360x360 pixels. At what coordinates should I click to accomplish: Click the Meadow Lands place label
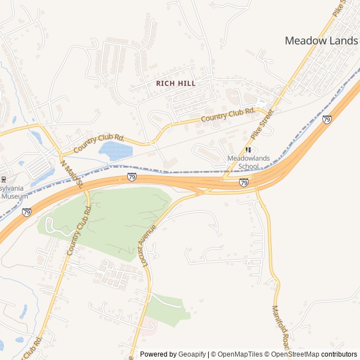pyautogui.click(x=321, y=40)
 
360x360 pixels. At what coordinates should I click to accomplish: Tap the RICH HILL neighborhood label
pyautogui.click(x=176, y=83)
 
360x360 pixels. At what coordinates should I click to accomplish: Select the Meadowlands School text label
pyautogui.click(x=249, y=163)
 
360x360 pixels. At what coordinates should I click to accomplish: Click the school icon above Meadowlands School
pyautogui.click(x=248, y=150)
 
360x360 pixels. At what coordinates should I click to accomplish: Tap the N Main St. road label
pyautogui.click(x=71, y=174)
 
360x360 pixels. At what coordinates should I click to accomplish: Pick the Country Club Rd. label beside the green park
pyautogui.click(x=79, y=230)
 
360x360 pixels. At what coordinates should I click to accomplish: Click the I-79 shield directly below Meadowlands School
pyautogui.click(x=244, y=183)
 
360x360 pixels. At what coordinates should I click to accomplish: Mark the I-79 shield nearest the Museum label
pyautogui.click(x=27, y=212)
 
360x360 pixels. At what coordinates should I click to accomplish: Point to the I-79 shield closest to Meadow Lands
pyautogui.click(x=327, y=119)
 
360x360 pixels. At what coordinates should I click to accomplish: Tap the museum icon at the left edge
pyautogui.click(x=3, y=179)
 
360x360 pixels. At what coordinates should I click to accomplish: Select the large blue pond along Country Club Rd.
pyautogui.click(x=115, y=150)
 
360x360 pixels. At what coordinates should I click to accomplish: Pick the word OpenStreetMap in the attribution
pyautogui.click(x=295, y=354)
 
